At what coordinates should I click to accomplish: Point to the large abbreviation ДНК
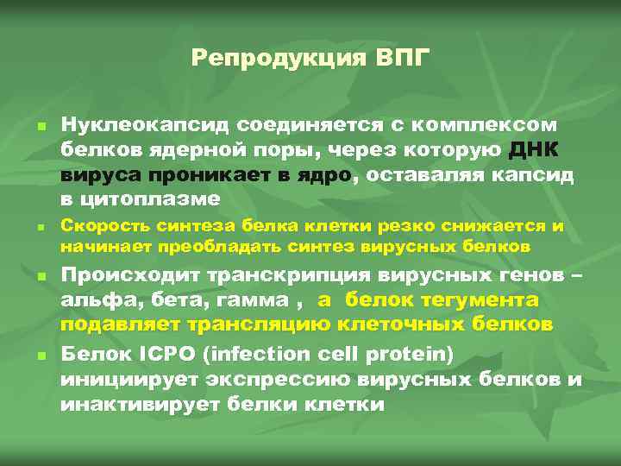538,149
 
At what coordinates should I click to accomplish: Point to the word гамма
253,300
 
